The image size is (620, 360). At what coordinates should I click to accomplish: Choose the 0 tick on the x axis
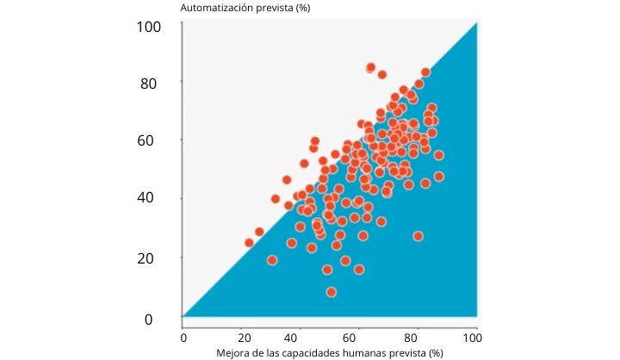tap(183, 336)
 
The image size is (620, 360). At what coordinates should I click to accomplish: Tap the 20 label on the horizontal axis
tap(240, 336)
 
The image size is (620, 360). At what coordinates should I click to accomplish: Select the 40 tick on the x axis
tap(299, 336)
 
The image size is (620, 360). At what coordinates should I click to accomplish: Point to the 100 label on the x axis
tap(473, 336)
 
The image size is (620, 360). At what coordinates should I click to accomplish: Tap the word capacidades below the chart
tap(314, 352)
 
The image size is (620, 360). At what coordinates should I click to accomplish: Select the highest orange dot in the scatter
tap(371, 67)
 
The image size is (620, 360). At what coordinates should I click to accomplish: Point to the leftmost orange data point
tap(250, 243)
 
